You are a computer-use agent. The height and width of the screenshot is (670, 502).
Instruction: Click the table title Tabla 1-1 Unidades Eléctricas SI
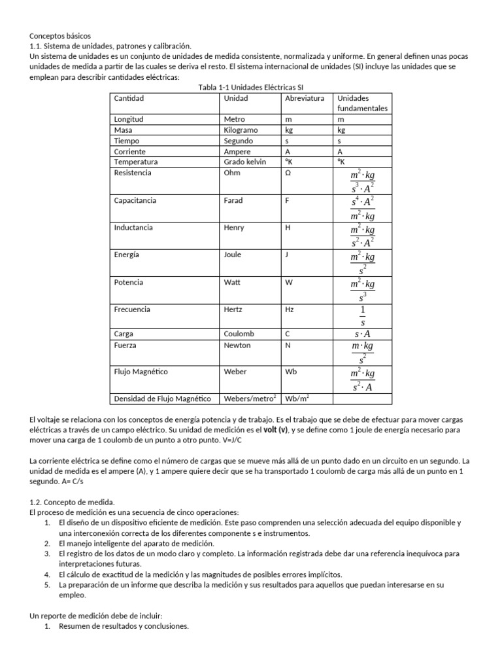click(250, 88)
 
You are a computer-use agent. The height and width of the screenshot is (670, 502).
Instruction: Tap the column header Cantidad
click(128, 98)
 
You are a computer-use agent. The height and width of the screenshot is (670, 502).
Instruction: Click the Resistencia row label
click(132, 173)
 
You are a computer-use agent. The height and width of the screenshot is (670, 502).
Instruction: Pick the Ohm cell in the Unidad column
click(232, 173)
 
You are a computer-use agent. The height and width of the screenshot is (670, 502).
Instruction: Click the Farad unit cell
click(234, 200)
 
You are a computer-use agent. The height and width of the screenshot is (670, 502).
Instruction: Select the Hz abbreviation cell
click(290, 309)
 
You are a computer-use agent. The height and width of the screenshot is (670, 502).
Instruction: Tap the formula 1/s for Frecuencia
click(362, 315)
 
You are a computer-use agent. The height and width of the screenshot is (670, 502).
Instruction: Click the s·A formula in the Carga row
click(362, 334)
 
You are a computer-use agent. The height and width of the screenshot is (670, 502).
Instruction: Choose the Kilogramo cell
click(241, 130)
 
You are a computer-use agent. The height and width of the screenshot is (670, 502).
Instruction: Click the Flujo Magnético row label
click(141, 372)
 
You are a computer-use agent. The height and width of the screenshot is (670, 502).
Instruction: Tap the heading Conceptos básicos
click(61, 35)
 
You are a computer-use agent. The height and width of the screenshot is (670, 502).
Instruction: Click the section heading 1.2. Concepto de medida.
click(72, 501)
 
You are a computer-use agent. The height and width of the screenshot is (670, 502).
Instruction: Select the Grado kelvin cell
click(244, 162)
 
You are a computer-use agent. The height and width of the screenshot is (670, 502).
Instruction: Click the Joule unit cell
click(233, 255)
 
